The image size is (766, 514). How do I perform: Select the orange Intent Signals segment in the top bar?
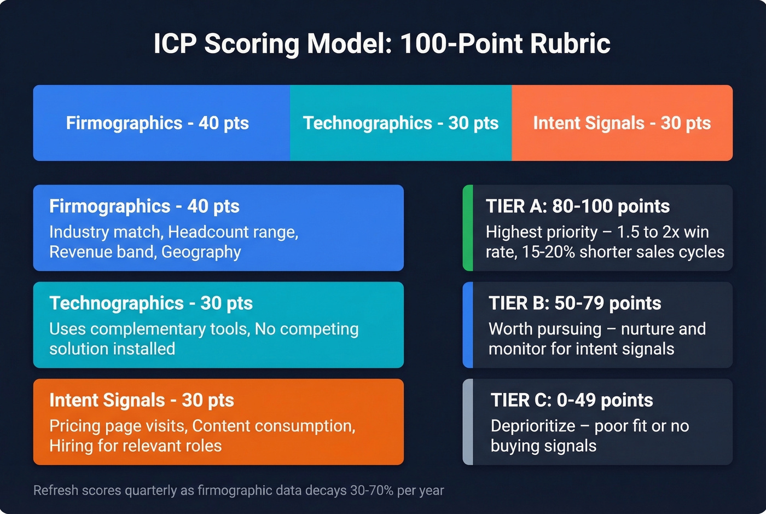(x=622, y=123)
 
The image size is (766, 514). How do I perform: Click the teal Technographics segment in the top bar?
(x=401, y=123)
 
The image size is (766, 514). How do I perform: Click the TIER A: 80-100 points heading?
(x=577, y=206)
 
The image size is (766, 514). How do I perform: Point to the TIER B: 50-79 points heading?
(x=574, y=303)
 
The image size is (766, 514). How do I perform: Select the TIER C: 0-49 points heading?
(x=572, y=400)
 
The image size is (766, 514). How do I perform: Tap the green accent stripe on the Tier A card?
(x=467, y=228)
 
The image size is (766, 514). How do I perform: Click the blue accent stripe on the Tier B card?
(x=467, y=325)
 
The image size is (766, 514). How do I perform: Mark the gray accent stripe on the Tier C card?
(x=467, y=421)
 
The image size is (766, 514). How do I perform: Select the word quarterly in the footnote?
(x=150, y=490)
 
